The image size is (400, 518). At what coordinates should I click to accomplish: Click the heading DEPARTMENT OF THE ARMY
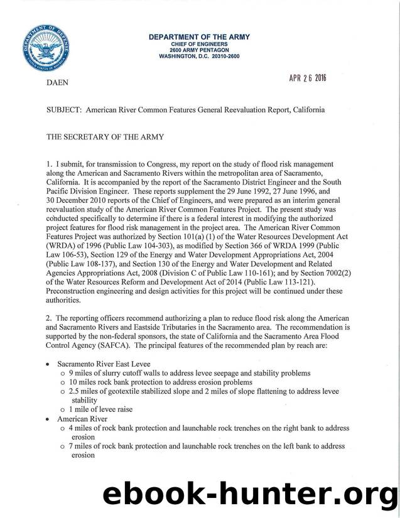coord(199,37)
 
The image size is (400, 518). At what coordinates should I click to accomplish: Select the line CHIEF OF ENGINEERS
coord(199,44)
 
